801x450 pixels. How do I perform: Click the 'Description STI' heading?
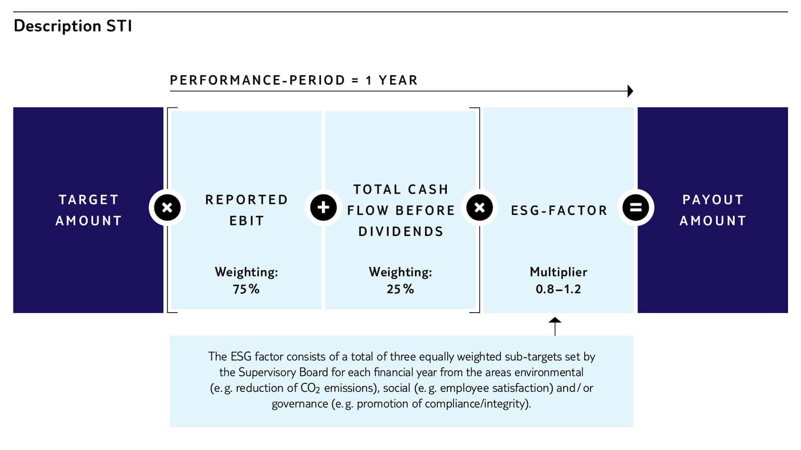pos(73,26)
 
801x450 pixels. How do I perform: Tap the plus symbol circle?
pos(323,208)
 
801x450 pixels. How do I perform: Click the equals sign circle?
pos(635,208)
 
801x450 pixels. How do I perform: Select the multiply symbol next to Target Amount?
pos(167,208)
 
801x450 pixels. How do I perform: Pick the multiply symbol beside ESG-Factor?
pos(480,208)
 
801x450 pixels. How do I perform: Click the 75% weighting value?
pos(246,289)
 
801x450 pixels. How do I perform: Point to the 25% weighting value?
pos(400,289)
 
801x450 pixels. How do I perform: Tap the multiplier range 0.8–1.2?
pos(558,289)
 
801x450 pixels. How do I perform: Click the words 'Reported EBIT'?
pos(246,210)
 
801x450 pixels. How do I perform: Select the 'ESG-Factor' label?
pos(559,211)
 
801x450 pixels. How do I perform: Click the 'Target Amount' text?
pos(89,210)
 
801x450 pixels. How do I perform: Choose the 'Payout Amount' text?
pos(713,210)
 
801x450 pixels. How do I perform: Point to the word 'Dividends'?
pos(401,231)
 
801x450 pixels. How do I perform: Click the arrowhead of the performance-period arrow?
pos(630,91)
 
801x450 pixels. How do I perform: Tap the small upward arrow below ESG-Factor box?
pos(555,326)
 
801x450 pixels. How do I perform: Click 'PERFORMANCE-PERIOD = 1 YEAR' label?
pos(294,80)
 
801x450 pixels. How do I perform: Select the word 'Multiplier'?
pos(558,272)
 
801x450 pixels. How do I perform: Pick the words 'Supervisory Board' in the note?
pos(283,373)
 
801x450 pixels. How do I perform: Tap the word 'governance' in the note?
pos(300,404)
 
